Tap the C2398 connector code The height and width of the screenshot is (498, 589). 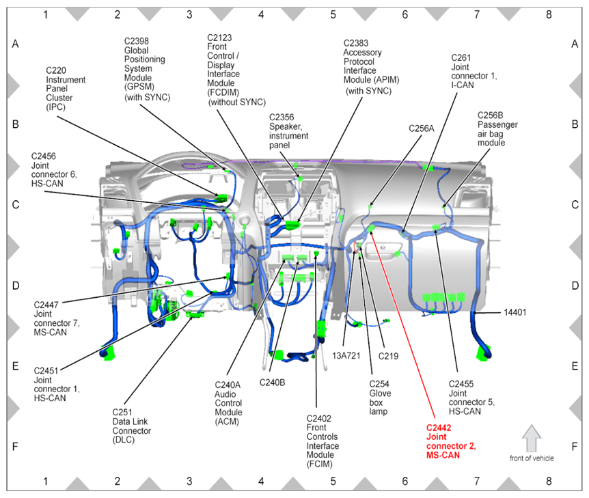(x=139, y=41)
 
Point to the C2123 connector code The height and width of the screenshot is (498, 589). (x=223, y=38)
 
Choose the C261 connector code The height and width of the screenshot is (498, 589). (x=463, y=58)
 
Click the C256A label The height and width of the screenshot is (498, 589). (x=422, y=128)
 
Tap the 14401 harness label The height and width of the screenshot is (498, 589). (x=518, y=312)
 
